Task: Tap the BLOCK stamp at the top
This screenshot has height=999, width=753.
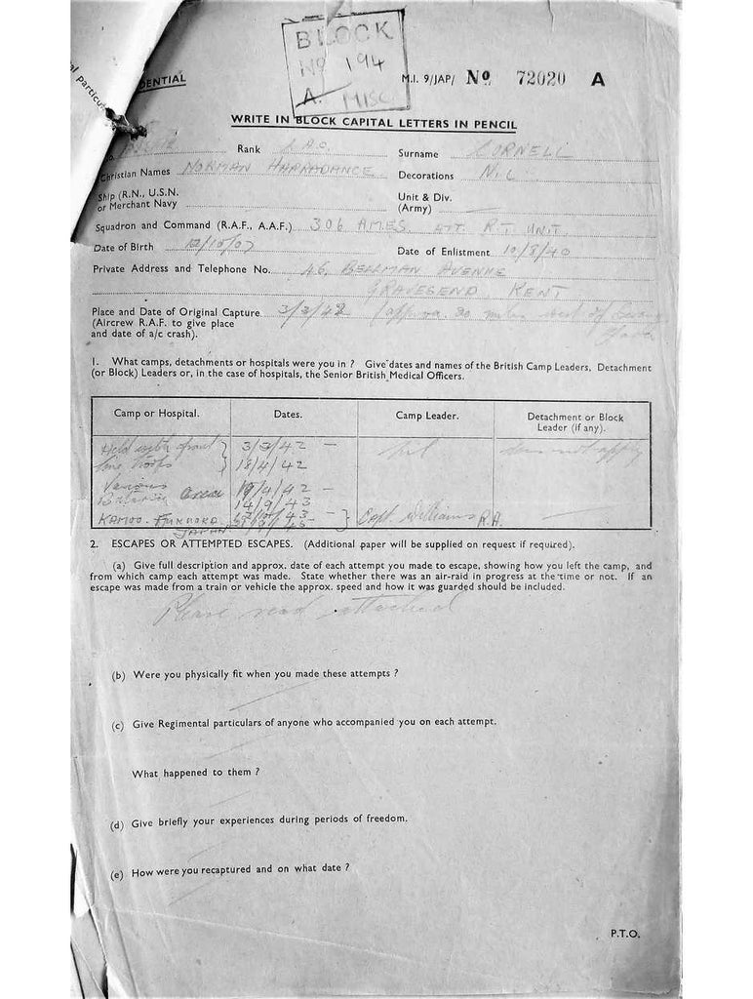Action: click(x=344, y=60)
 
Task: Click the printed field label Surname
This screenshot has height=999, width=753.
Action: click(x=418, y=153)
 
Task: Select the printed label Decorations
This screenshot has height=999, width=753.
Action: click(x=426, y=176)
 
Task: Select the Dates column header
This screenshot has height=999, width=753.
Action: click(x=288, y=414)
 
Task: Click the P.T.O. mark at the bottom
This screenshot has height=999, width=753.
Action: click(x=624, y=934)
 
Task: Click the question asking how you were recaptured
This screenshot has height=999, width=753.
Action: click(x=240, y=868)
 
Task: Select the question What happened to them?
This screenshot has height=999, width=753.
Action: click(x=195, y=772)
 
